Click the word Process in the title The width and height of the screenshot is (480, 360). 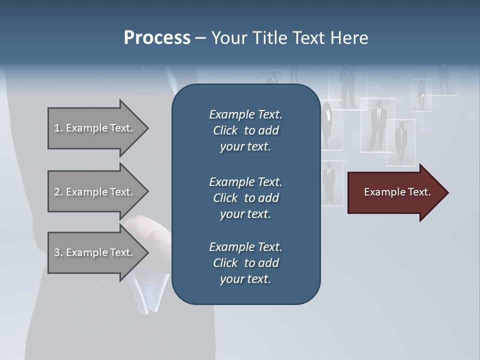(x=157, y=38)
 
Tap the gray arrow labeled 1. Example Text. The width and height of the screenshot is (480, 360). (x=95, y=128)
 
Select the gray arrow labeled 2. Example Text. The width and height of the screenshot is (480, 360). (x=95, y=192)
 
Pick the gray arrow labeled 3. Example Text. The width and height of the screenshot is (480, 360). (x=95, y=252)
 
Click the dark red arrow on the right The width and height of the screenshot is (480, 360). (x=395, y=192)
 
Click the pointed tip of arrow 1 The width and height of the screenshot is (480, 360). (x=146, y=128)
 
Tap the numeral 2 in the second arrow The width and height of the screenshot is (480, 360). (x=57, y=192)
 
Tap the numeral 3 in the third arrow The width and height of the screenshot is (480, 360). (x=57, y=252)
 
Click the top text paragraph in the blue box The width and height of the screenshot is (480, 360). (x=245, y=130)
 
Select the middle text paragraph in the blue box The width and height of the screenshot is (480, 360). (x=245, y=197)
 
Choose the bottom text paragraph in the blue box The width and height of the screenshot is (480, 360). (x=245, y=263)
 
